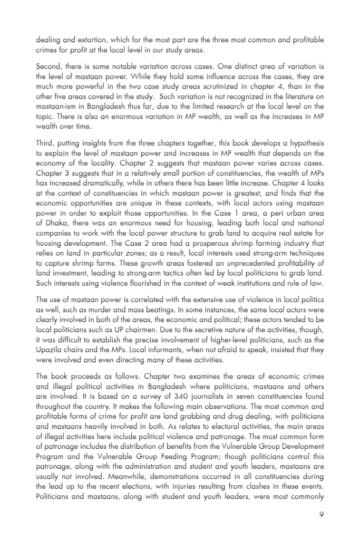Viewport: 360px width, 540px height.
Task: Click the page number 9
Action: click(x=322, y=515)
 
